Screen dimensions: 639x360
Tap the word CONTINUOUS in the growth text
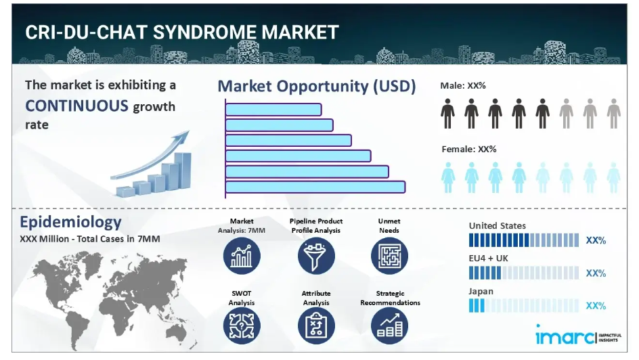click(x=77, y=106)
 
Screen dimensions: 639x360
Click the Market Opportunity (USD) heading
click(x=317, y=87)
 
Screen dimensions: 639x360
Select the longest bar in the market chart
click(x=315, y=187)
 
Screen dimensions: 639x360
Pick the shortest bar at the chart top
click(x=273, y=110)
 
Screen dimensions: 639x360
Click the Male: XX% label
click(x=463, y=85)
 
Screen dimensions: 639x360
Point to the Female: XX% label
click(x=469, y=149)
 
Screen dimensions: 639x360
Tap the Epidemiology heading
click(x=70, y=222)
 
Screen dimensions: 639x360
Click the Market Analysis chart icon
click(x=242, y=256)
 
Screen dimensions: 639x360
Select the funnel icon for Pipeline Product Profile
click(x=316, y=256)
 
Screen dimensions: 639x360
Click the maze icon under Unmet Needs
click(x=389, y=256)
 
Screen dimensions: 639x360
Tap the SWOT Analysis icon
click(x=242, y=325)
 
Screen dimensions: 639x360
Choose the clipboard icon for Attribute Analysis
click(x=316, y=325)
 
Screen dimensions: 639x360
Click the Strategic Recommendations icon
click(x=389, y=325)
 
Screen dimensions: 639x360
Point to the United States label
click(x=497, y=225)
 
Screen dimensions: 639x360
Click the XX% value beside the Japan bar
click(x=596, y=306)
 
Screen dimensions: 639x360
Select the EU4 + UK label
click(x=488, y=258)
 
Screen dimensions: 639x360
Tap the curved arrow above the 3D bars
click(x=150, y=156)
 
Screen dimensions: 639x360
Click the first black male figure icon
click(x=447, y=114)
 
